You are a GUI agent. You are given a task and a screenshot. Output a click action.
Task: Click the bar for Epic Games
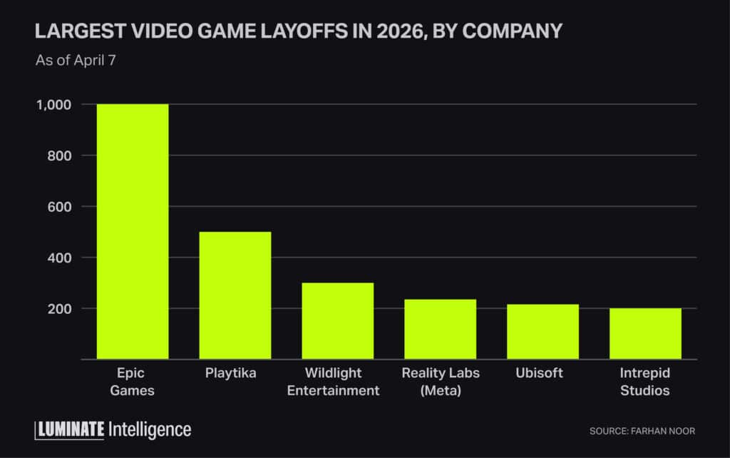(133, 232)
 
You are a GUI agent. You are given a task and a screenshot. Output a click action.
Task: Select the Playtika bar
(235, 295)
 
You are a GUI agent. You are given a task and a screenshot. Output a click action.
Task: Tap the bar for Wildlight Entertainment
(338, 321)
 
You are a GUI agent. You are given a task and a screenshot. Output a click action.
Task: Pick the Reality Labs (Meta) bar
(441, 329)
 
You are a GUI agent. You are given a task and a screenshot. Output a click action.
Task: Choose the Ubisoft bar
(543, 332)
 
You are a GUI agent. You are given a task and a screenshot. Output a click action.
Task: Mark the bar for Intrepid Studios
(645, 334)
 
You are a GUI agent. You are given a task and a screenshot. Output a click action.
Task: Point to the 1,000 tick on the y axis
(54, 104)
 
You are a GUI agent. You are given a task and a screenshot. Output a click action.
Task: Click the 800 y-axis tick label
(58, 156)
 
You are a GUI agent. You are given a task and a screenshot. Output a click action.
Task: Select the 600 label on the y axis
(58, 207)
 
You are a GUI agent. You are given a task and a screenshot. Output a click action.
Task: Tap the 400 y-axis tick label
(58, 258)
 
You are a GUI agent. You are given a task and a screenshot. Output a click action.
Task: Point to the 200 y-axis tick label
(58, 309)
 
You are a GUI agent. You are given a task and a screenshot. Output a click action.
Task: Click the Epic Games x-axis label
(133, 382)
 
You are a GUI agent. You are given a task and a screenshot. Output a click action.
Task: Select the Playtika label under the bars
(235, 374)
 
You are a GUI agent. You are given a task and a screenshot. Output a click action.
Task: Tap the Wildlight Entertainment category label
(338, 382)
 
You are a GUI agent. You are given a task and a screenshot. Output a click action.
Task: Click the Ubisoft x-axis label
(543, 374)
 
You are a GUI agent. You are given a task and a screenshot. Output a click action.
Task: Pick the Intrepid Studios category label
(645, 382)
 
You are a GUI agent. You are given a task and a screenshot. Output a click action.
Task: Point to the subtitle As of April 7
(76, 60)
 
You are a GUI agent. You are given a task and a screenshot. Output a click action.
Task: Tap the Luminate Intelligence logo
(113, 429)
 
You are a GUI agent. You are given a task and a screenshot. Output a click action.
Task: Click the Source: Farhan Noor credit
(642, 431)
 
